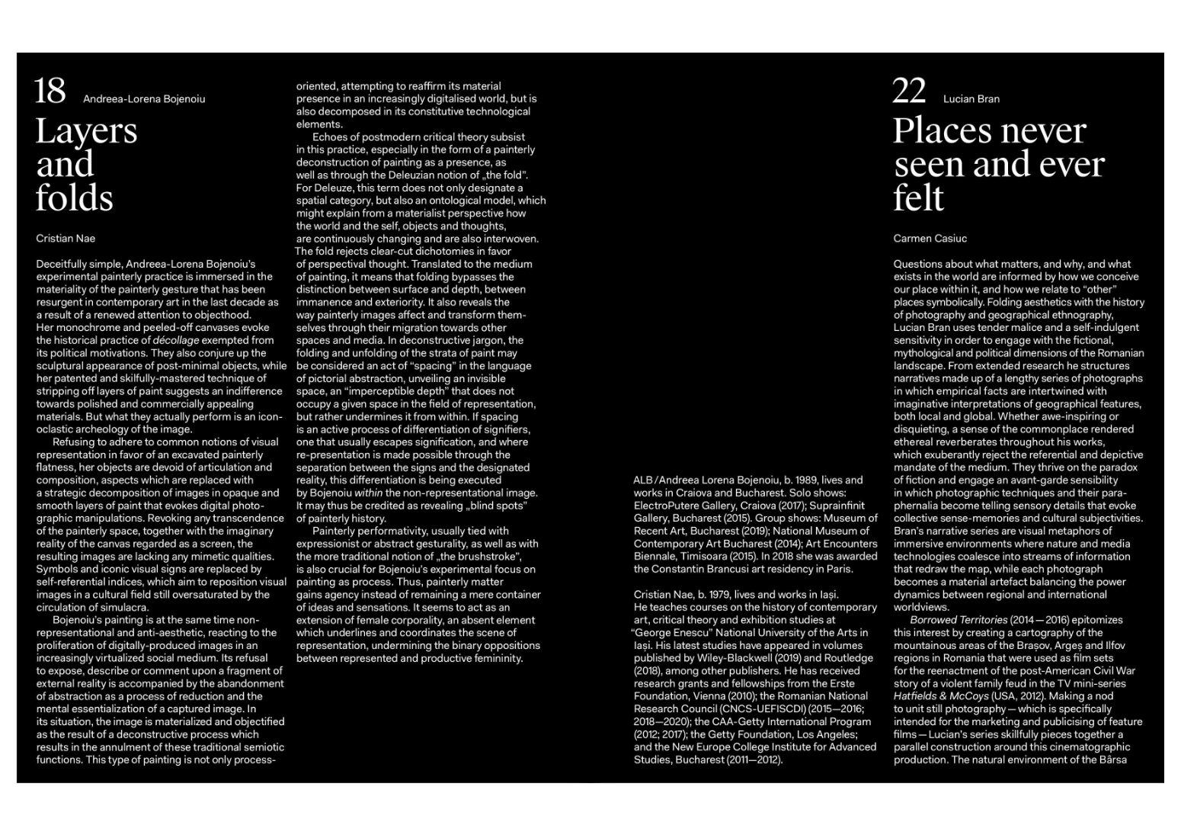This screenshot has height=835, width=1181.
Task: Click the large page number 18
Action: [50, 92]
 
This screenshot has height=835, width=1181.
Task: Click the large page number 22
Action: [909, 92]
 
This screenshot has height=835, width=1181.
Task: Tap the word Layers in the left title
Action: [86, 131]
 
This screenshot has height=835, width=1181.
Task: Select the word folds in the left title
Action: [74, 198]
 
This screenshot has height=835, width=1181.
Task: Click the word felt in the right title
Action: [918, 198]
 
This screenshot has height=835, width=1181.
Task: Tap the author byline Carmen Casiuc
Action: [930, 239]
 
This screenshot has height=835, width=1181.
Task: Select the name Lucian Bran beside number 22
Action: [971, 99]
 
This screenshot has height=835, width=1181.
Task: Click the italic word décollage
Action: [176, 340]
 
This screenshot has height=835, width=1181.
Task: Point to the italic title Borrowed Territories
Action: [959, 620]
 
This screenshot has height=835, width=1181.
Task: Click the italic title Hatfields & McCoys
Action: [940, 696]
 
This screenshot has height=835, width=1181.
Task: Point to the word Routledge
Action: [847, 658]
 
